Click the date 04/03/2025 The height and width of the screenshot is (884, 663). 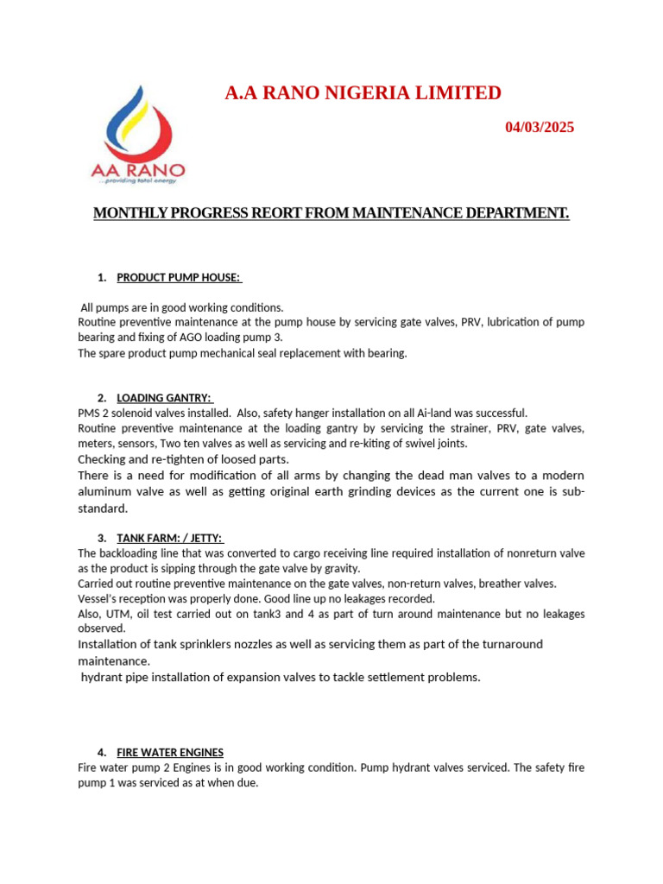tap(539, 128)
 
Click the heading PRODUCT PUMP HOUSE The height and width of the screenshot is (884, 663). tap(179, 277)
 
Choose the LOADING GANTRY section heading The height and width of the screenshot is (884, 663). tap(163, 398)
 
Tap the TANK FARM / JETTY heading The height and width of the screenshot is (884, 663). tap(170, 539)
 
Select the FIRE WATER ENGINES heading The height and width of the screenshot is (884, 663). tap(170, 752)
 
